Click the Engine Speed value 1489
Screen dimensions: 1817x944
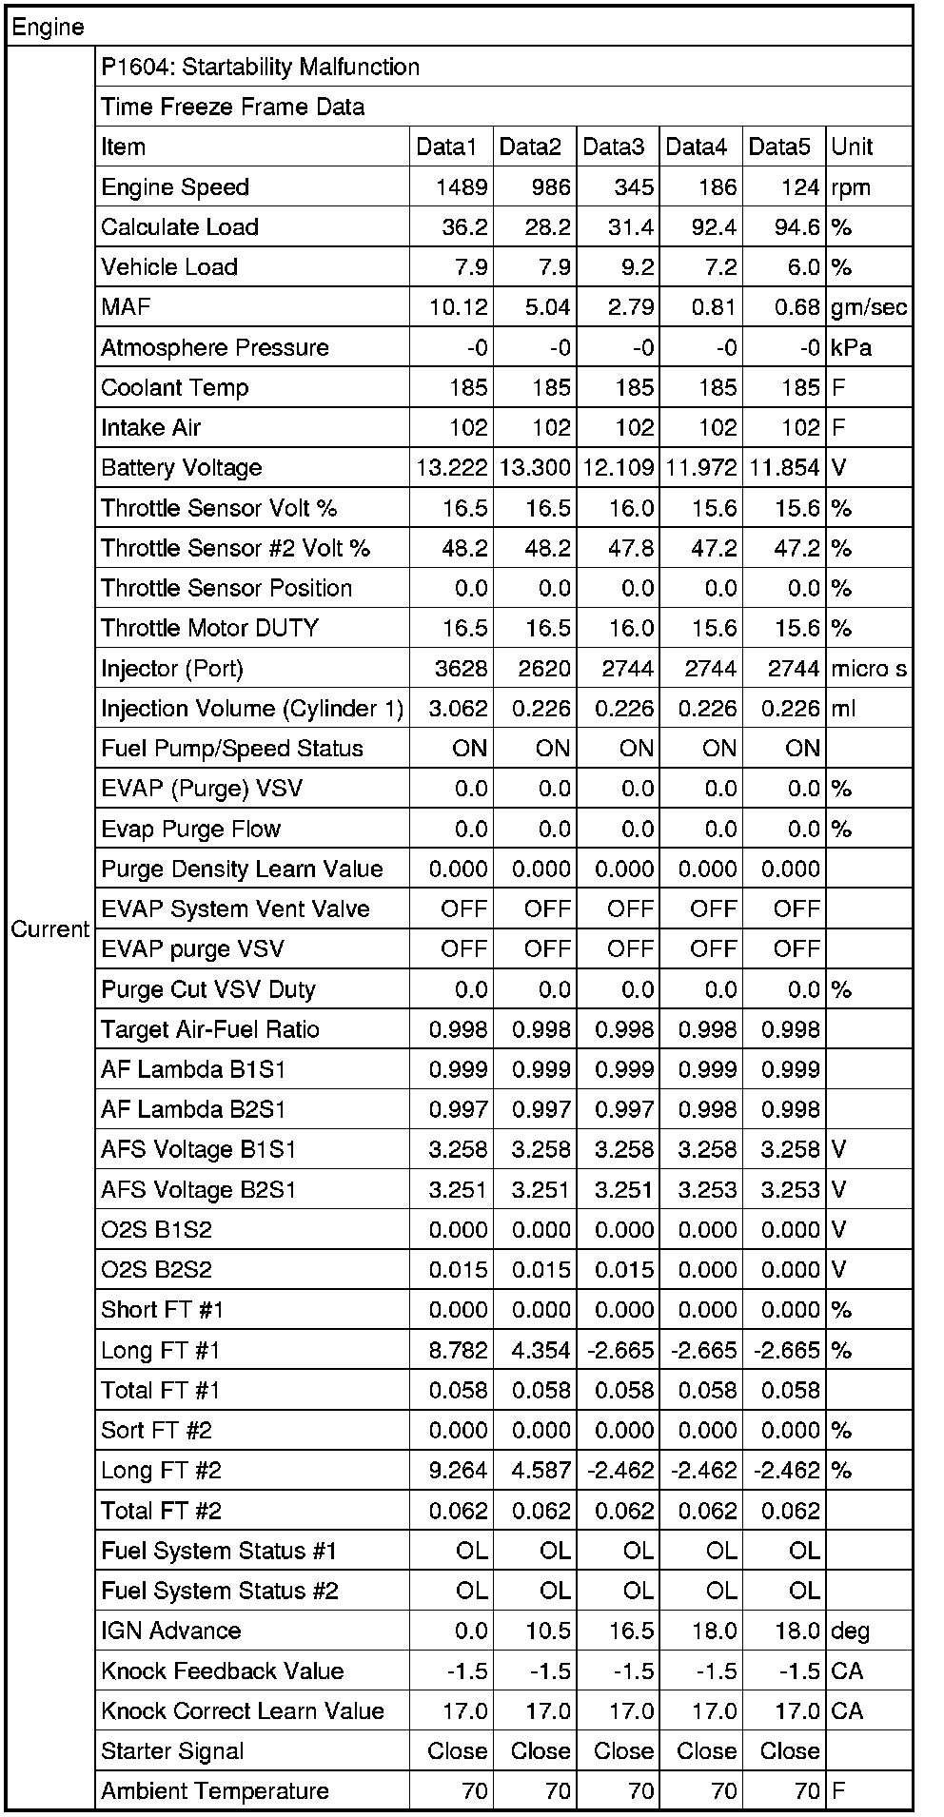coord(462,187)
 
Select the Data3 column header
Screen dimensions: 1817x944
coord(614,147)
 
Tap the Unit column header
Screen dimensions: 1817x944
coord(852,147)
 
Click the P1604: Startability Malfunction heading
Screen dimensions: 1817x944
coord(260,68)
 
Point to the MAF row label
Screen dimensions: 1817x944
coord(126,307)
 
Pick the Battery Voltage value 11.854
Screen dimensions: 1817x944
coord(784,468)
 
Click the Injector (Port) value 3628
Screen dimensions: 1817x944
coord(462,669)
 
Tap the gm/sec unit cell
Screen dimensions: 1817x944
coord(869,307)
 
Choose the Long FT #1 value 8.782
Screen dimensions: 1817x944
coord(459,1350)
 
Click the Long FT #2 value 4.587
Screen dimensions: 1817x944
coord(541,1471)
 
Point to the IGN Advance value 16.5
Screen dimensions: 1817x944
coord(632,1631)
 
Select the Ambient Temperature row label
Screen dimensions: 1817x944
coord(215,1791)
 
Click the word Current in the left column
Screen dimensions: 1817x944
coord(49,929)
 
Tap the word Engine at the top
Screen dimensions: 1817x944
coord(48,28)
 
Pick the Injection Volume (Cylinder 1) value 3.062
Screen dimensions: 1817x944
coord(459,709)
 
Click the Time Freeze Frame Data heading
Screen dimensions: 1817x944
coord(232,107)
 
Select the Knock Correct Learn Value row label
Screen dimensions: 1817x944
coord(243,1711)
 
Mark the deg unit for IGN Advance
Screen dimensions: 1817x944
coord(850,1631)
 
